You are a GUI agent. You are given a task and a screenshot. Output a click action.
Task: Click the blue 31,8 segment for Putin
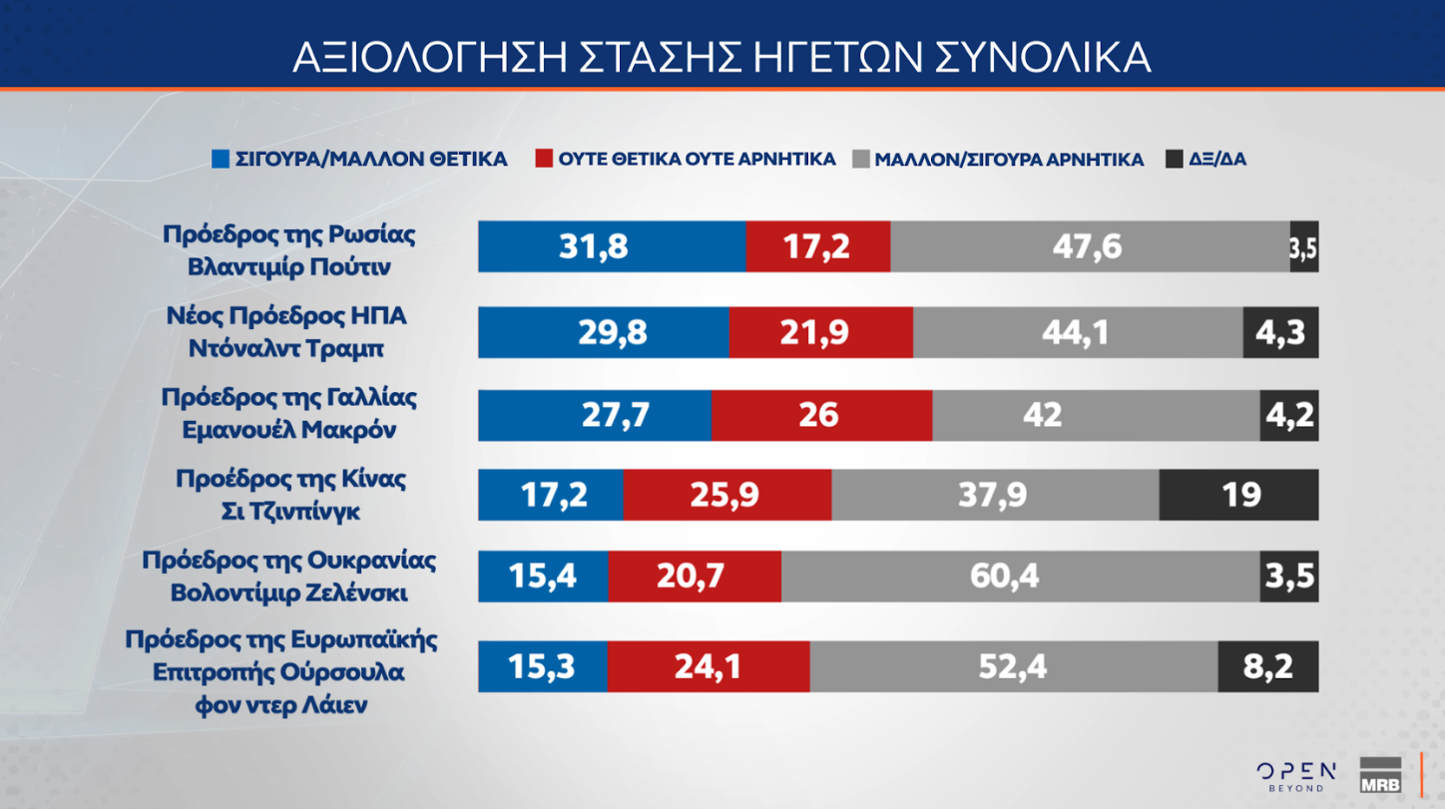(x=611, y=246)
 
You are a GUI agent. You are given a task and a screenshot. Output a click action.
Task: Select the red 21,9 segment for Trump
(x=820, y=332)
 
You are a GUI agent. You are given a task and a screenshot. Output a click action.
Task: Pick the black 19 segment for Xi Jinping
(x=1238, y=495)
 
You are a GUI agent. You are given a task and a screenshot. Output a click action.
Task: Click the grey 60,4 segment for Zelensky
(x=1020, y=577)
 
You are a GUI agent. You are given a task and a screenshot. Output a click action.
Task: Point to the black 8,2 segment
(x=1267, y=666)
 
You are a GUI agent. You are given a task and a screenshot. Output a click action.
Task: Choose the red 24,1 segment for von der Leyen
(x=708, y=666)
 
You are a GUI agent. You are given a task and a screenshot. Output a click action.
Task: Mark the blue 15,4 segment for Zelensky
(x=543, y=577)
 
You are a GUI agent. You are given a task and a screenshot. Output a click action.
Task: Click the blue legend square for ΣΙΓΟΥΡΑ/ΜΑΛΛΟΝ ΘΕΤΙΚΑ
(x=221, y=160)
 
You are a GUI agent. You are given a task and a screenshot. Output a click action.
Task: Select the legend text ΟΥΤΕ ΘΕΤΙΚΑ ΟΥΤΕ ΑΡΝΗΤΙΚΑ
(x=697, y=160)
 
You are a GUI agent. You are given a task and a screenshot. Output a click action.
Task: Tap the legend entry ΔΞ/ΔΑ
(x=1216, y=160)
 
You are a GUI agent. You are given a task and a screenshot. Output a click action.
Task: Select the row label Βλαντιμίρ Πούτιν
(x=289, y=267)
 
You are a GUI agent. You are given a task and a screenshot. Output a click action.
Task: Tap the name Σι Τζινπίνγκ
(x=289, y=512)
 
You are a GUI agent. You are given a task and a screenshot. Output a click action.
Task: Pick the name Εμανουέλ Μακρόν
(x=289, y=431)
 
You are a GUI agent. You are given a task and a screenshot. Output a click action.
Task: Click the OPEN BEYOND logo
(x=1296, y=775)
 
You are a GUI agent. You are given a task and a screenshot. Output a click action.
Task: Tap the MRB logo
(x=1380, y=775)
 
